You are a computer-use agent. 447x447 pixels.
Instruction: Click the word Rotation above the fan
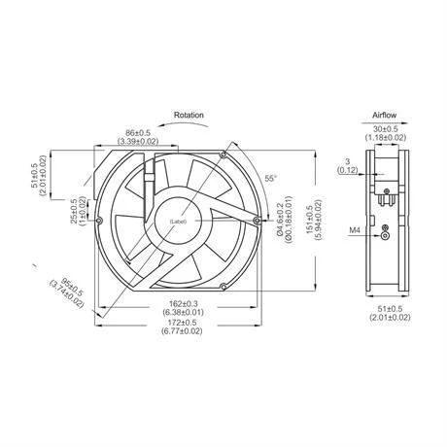(x=189, y=115)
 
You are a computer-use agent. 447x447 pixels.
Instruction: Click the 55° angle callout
(x=271, y=180)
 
